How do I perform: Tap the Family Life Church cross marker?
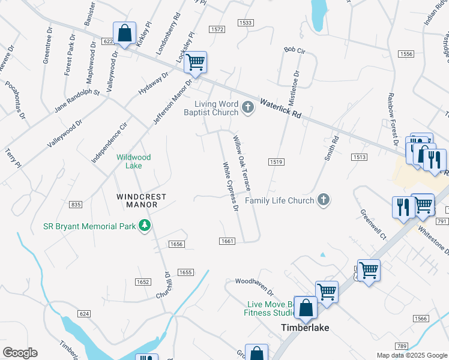(324, 200)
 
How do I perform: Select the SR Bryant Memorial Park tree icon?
(144, 226)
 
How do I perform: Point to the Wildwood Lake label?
(133, 161)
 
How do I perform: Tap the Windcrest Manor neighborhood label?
(137, 200)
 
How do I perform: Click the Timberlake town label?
(304, 328)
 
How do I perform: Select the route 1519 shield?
(276, 162)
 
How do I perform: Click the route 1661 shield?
(226, 241)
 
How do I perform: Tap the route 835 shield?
(76, 205)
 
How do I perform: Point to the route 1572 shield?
(217, 29)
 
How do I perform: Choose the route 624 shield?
(84, 314)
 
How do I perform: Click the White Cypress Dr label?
(231, 187)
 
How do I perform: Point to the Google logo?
(20, 353)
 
